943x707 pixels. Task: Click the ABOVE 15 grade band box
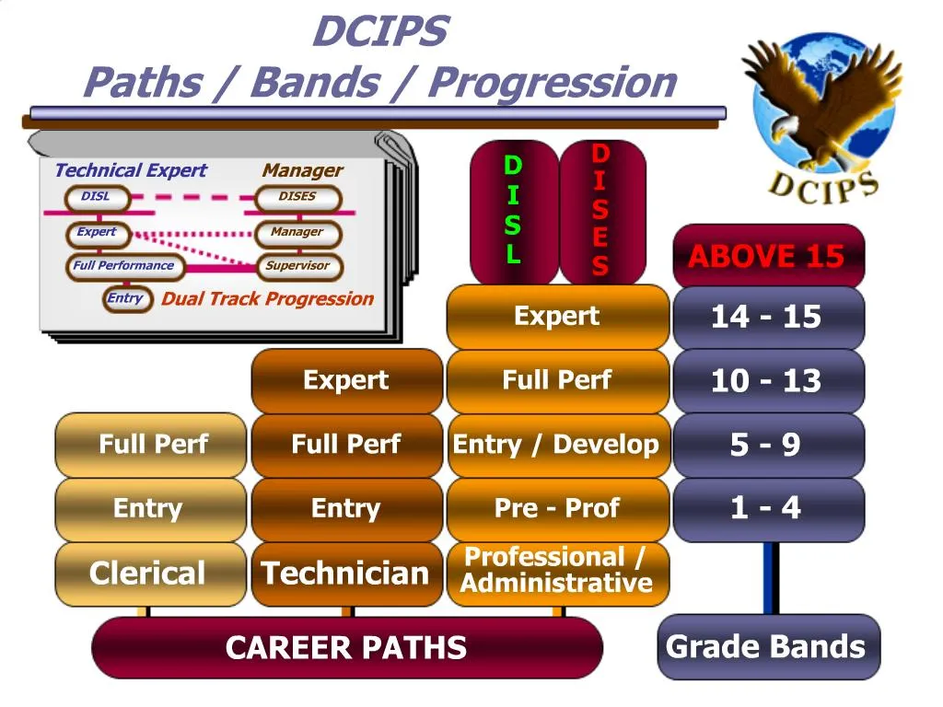click(x=769, y=256)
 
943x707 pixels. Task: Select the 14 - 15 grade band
click(x=769, y=318)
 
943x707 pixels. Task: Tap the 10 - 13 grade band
click(x=769, y=381)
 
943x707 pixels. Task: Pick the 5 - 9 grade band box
click(x=769, y=446)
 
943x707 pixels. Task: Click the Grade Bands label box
click(x=768, y=647)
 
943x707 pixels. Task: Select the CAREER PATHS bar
click(x=346, y=648)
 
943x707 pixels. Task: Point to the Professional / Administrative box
click(x=557, y=572)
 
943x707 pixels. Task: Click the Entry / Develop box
click(x=557, y=446)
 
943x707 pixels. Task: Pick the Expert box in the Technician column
click(x=346, y=381)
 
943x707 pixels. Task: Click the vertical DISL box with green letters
click(x=513, y=212)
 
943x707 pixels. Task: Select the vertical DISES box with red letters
click(x=600, y=212)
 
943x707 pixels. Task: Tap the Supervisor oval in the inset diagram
click(x=297, y=266)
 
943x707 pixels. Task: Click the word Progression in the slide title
click(x=553, y=83)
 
